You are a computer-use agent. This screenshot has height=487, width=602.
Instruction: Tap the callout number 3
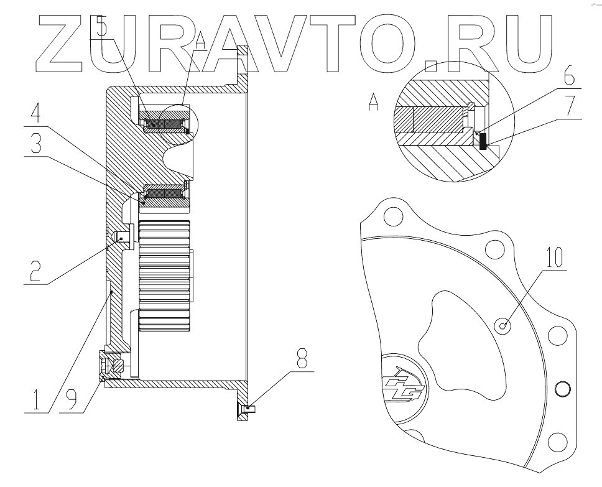35,144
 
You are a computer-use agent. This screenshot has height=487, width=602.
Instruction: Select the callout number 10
555,256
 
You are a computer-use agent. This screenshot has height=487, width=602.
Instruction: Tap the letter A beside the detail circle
374,101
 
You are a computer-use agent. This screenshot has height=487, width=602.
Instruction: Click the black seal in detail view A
483,141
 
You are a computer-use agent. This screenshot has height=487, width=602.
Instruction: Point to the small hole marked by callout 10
506,324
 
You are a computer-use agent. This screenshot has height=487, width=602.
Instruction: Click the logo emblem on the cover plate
404,387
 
